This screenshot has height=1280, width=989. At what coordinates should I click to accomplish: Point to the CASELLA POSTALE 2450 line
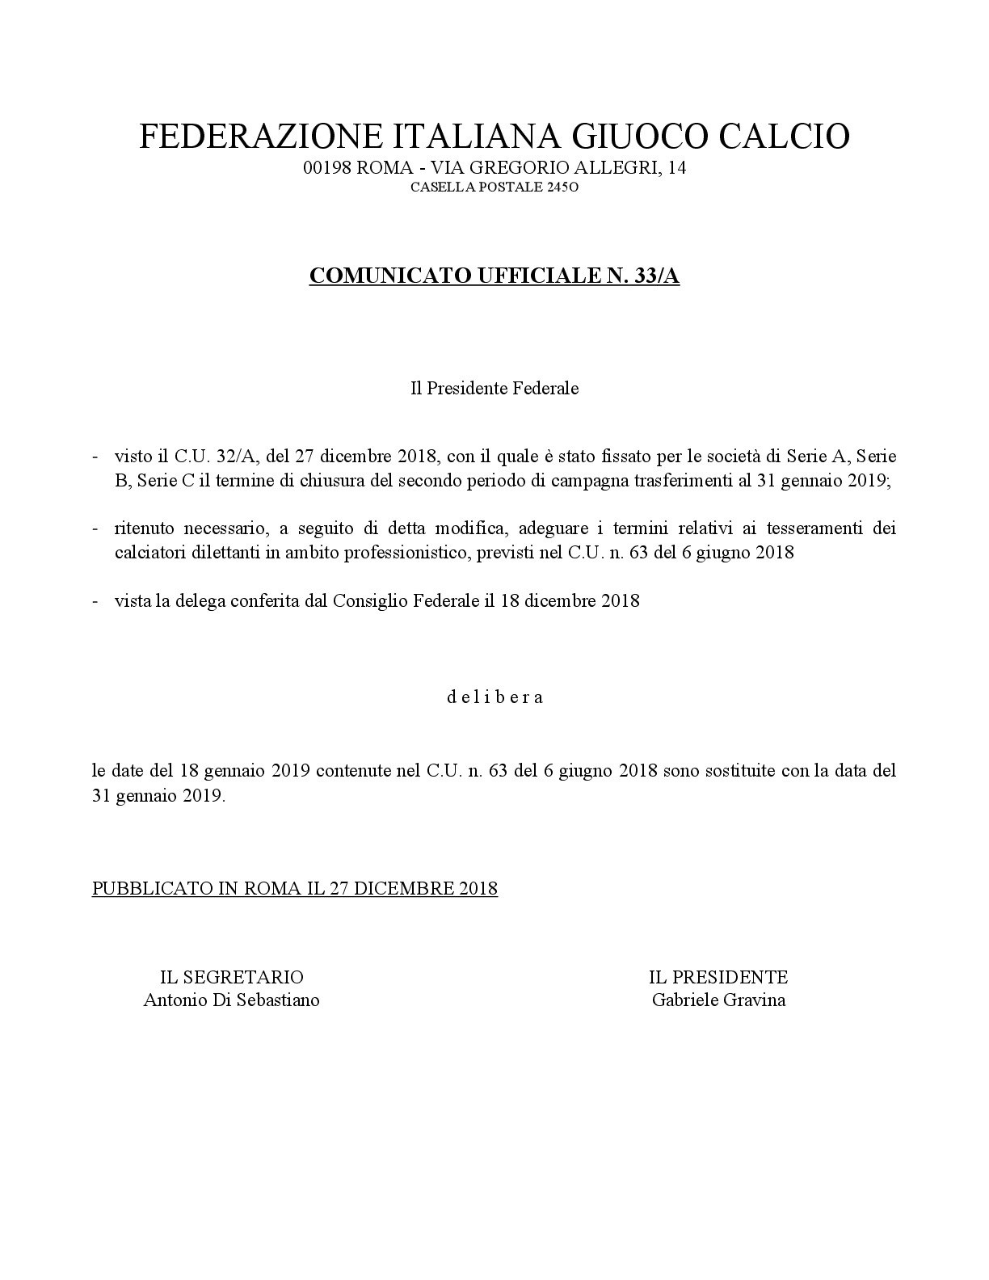[x=494, y=187]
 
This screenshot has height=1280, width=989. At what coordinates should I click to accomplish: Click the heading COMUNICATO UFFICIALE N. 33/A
[x=494, y=276]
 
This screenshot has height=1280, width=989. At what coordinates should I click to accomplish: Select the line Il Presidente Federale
[x=494, y=388]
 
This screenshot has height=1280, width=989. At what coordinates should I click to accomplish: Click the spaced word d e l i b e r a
[x=495, y=697]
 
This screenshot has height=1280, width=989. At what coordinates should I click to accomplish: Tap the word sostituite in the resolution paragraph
[x=732, y=770]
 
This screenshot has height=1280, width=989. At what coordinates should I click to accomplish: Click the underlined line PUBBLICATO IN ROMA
[x=295, y=888]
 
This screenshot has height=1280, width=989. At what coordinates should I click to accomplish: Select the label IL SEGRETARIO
[x=232, y=977]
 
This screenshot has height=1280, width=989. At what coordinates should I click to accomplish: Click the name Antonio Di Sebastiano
[x=232, y=1000]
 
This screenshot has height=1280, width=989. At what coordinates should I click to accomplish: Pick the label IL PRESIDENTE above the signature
[x=718, y=977]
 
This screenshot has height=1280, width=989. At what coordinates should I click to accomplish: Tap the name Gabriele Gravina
[x=718, y=1000]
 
